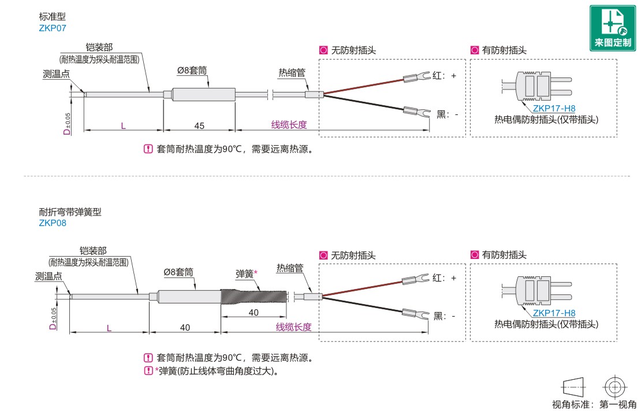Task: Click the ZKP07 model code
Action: coord(50,27)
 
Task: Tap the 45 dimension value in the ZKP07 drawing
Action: coord(199,125)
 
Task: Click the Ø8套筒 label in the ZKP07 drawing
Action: coord(192,70)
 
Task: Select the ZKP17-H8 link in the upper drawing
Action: coord(554,108)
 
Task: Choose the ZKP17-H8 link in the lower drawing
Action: coord(554,313)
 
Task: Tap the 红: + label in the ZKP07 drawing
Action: coord(445,75)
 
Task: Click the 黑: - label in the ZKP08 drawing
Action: coord(445,316)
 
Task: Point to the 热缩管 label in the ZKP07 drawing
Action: coord(292,72)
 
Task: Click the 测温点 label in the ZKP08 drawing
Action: coord(49,276)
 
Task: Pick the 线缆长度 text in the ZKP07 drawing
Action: coord(289,124)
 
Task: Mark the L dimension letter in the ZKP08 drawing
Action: coord(109,327)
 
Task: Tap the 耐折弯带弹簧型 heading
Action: coord(70,212)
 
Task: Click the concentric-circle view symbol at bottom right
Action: coord(615,386)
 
